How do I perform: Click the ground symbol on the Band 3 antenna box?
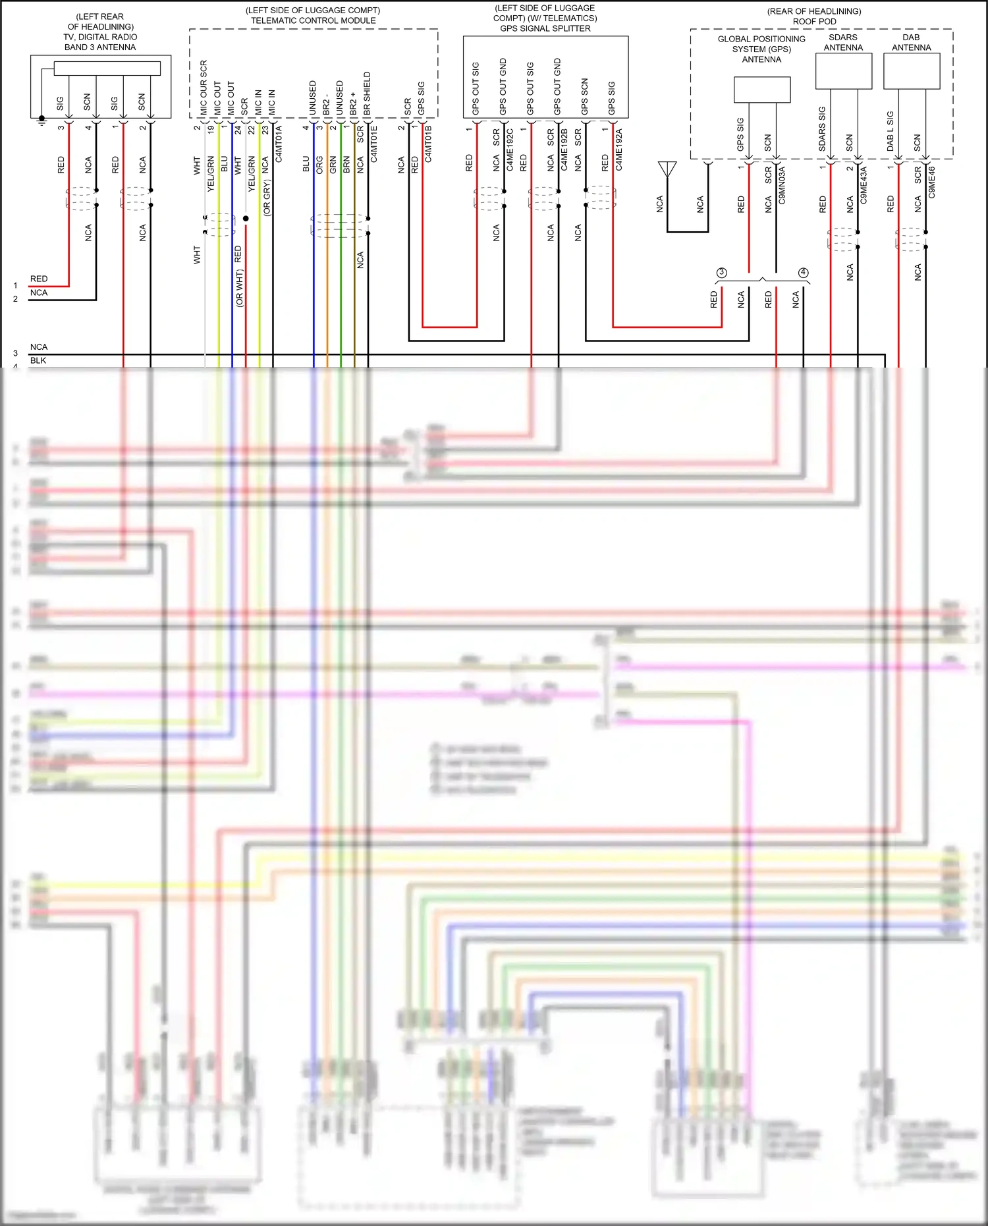coord(41,120)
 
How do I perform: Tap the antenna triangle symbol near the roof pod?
coord(667,169)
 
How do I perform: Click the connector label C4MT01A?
coord(279,144)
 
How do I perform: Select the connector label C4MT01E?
coord(373,144)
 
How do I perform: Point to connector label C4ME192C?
coord(510,150)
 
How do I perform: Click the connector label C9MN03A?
coord(782,184)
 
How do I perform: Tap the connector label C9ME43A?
coord(864,184)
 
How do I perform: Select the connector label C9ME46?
coord(931,182)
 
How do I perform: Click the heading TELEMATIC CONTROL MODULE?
coord(313,20)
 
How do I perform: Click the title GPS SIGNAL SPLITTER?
coord(545,28)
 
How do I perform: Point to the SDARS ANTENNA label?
coord(843,42)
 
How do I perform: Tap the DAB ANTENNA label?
coord(911,42)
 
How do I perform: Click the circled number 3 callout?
coord(722,272)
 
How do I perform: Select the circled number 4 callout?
coord(803,272)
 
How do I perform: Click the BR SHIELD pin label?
coord(367,93)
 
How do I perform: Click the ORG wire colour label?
coord(319,165)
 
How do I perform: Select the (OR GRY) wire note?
coord(266,198)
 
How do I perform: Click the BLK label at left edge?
coord(38,360)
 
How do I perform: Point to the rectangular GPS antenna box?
coord(762,90)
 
